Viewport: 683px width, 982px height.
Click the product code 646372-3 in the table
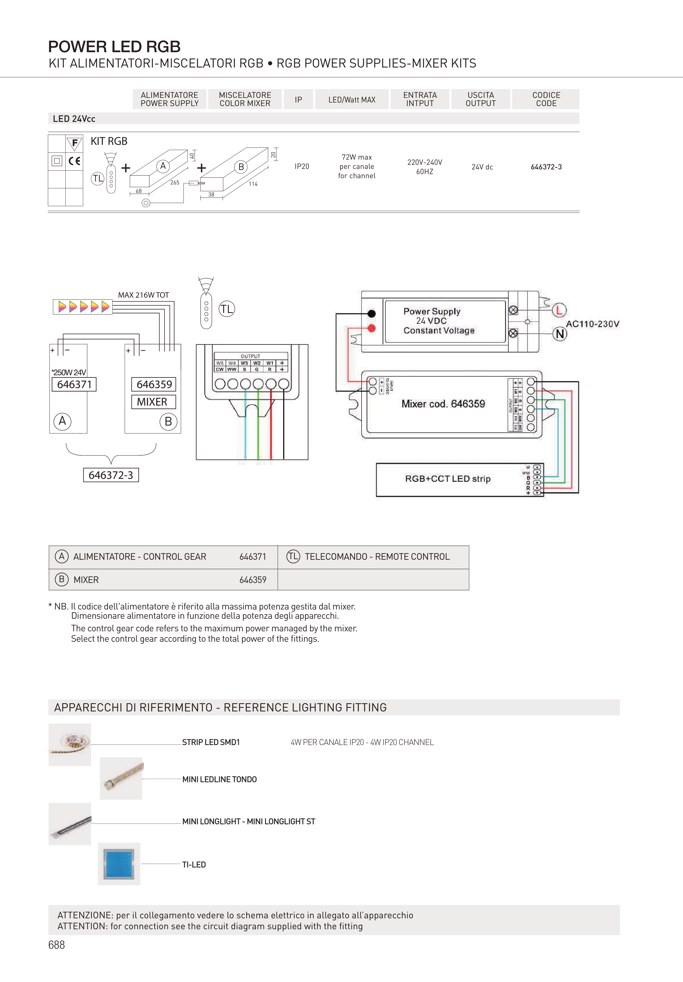(546, 167)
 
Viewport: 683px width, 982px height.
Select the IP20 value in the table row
(301, 166)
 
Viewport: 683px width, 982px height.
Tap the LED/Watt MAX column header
(351, 100)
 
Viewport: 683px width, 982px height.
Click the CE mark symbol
(74, 161)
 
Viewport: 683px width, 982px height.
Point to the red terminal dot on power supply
(372, 328)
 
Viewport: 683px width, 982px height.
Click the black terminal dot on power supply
(372, 313)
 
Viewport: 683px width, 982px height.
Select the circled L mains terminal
(559, 310)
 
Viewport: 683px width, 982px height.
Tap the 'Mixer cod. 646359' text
(443, 404)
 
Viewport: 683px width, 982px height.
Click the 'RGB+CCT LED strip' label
(448, 479)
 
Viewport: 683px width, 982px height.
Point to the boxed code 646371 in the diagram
(74, 384)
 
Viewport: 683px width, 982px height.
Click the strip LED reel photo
(70, 744)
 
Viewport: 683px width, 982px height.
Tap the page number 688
(57, 945)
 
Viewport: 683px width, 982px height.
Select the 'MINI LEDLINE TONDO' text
(219, 779)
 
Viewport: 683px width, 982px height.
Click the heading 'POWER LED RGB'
(114, 46)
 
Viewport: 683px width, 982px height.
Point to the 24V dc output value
(482, 167)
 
